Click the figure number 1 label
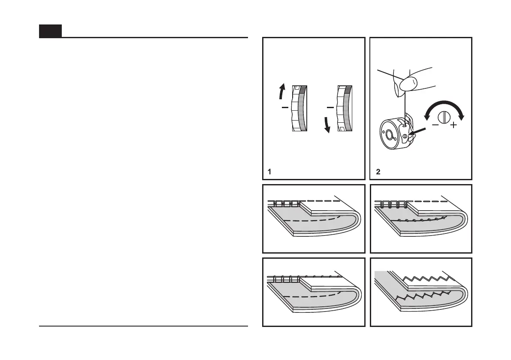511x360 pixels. click(x=269, y=172)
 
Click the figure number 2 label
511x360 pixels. click(x=378, y=172)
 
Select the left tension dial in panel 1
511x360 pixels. click(x=299, y=108)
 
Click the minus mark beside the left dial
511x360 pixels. click(x=284, y=108)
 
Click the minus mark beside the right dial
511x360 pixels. click(x=330, y=106)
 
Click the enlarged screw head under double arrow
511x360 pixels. click(x=444, y=117)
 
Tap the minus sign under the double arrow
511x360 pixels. click(x=435, y=125)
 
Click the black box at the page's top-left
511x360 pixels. click(x=50, y=31)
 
